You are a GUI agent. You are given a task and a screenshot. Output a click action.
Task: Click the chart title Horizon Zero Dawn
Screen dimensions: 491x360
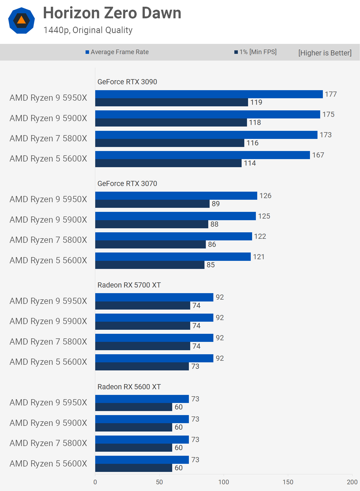tap(112, 13)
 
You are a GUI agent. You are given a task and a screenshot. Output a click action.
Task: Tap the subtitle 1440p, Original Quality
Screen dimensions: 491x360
tap(88, 30)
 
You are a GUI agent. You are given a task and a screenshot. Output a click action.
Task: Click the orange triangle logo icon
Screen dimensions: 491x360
tap(22, 20)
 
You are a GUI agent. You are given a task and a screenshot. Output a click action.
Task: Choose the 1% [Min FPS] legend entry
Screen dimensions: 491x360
tap(255, 52)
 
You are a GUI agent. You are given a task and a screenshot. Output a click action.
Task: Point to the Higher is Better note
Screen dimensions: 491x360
tap(325, 53)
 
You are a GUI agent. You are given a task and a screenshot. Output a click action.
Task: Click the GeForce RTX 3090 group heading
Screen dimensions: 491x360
tap(127, 82)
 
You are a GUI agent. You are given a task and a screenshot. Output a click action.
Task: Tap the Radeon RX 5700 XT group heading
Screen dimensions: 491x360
tap(129, 285)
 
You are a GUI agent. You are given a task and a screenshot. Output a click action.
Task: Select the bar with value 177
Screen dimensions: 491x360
tap(209, 94)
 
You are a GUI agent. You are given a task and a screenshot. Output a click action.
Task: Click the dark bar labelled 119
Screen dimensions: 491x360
tap(171, 102)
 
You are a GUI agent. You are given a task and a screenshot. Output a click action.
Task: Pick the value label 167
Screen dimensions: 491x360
tap(318, 155)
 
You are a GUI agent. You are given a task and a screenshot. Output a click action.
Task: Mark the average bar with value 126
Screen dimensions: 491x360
tap(176, 196)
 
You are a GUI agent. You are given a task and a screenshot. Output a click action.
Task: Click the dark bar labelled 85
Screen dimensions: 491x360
tap(150, 265)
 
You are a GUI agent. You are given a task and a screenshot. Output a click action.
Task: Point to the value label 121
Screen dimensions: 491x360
tap(259, 257)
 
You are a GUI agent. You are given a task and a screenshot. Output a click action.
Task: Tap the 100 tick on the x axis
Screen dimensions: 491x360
tap(224, 482)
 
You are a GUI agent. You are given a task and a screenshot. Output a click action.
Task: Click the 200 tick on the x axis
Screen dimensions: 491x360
tap(352, 482)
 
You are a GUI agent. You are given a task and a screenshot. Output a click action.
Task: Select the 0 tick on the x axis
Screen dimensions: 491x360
tap(95, 482)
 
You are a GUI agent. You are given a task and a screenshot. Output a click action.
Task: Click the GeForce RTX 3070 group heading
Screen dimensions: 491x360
tap(127, 184)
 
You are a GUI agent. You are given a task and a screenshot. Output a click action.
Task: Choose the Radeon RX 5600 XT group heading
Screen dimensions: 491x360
tap(129, 387)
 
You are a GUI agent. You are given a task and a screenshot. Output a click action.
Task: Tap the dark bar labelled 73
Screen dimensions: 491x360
tap(142, 366)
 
